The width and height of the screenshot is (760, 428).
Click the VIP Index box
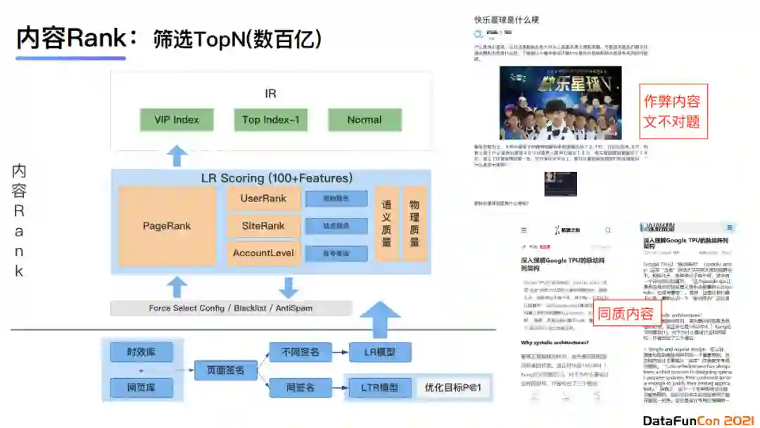click(177, 120)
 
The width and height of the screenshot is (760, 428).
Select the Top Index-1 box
click(271, 120)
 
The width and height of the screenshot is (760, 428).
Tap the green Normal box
click(365, 120)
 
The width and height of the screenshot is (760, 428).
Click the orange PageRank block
click(167, 226)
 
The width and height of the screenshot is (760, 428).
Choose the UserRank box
click(263, 199)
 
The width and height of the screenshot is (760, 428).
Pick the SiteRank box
click(263, 226)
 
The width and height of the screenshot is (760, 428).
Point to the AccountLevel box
click(263, 253)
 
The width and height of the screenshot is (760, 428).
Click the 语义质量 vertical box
click(386, 224)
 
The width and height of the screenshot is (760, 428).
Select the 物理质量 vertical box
click(414, 224)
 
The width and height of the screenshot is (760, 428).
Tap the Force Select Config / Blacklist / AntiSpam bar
click(231, 308)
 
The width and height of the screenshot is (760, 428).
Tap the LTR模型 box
click(379, 388)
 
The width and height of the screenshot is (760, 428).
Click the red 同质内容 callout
click(626, 314)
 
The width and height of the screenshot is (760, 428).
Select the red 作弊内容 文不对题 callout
click(672, 111)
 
